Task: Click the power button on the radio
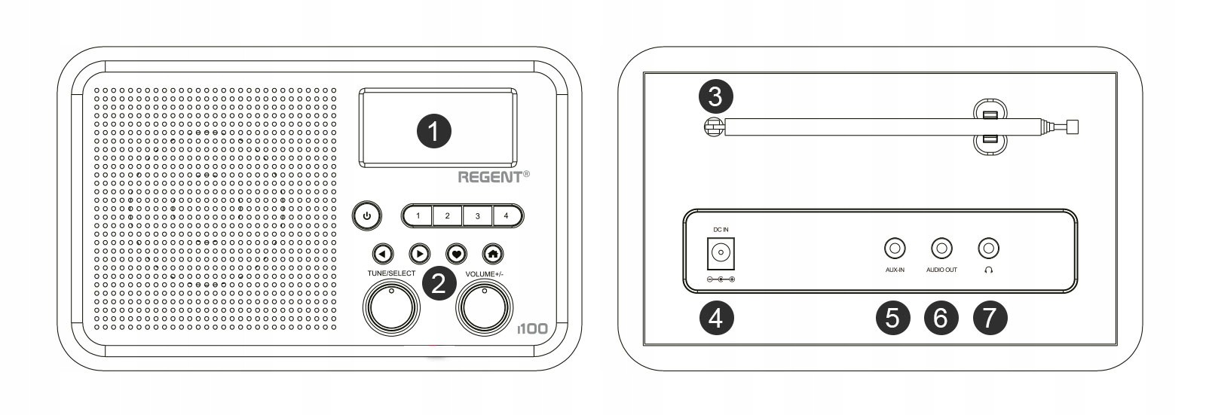pos(366,216)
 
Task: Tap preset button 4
pos(507,216)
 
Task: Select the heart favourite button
pos(456,254)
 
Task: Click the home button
pos(494,254)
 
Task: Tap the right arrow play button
pos(419,254)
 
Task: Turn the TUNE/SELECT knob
pos(391,307)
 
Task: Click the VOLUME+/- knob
pos(485,307)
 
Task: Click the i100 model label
pos(532,329)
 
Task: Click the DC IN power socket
pos(720,253)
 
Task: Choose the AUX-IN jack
pos(894,248)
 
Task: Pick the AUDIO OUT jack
pos(941,248)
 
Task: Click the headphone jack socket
pos(988,248)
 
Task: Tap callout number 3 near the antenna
pos(715,96)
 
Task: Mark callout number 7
pos(990,318)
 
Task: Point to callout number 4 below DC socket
pos(715,318)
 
